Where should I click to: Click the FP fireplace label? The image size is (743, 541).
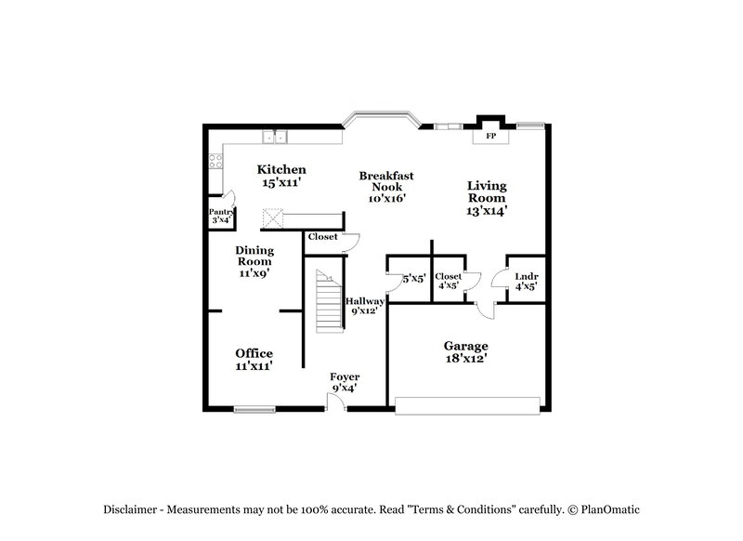coord(491,138)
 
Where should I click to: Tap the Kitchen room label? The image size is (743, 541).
coord(281,170)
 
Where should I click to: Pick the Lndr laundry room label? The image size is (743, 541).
coord(528,276)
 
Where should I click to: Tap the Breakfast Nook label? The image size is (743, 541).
coord(385,180)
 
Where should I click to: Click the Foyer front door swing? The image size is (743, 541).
coord(337,401)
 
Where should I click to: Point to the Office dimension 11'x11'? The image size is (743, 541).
coord(254,366)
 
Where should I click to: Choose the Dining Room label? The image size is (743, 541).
coord(254,256)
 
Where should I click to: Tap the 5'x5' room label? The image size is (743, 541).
coord(413,278)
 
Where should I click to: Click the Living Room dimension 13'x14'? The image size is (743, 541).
coord(487,210)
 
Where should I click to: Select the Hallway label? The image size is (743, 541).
coord(365,301)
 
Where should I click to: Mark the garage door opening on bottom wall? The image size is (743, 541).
coord(466,405)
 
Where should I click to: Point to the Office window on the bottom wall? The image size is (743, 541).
coord(254,408)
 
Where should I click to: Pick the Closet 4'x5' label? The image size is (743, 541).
coord(449,276)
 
